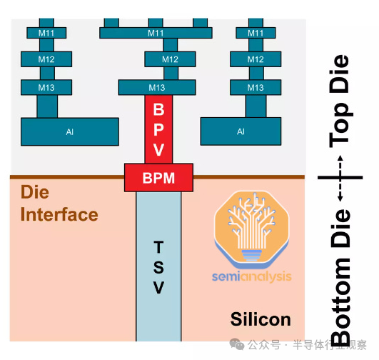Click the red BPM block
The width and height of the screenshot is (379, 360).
[x=158, y=178]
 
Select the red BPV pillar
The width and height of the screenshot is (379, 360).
[x=158, y=129]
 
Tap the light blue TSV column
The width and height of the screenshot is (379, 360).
[x=158, y=266]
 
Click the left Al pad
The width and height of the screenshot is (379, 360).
[x=70, y=132]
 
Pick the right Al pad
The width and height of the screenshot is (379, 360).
[x=241, y=131]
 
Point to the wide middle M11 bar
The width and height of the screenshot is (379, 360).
[x=156, y=33]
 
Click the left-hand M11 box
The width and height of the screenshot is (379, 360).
[x=46, y=33]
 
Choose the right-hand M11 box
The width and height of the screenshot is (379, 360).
[x=256, y=33]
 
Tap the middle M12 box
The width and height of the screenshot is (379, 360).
[x=170, y=59]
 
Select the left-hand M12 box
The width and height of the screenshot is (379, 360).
[x=46, y=59]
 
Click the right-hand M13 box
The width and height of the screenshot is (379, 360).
[x=256, y=87]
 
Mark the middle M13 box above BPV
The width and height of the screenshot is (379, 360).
[x=157, y=87]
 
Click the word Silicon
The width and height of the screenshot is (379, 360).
[x=261, y=319]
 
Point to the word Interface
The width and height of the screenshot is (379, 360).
[x=59, y=214]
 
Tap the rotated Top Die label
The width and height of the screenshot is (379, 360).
[x=340, y=101]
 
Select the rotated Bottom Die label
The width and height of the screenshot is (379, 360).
[x=340, y=277]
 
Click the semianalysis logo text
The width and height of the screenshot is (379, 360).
[x=252, y=276]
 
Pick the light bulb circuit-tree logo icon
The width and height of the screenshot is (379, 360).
[x=252, y=229]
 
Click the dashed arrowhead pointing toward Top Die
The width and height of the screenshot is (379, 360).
[x=340, y=158]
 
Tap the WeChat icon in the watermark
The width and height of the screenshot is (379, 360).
[x=237, y=344]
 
